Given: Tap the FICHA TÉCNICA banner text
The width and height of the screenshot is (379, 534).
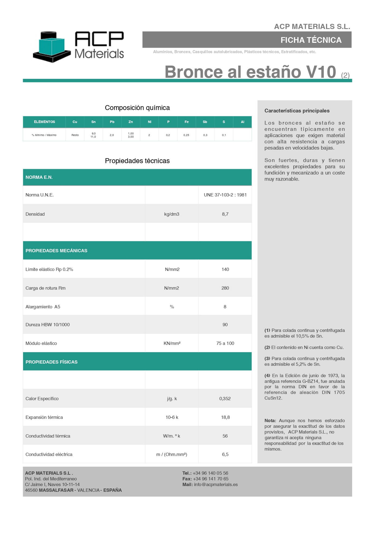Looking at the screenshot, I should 311,40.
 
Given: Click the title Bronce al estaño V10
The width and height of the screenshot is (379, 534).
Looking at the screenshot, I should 250,72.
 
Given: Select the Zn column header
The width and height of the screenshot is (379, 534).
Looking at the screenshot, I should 131,122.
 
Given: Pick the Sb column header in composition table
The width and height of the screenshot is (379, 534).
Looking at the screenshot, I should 205,122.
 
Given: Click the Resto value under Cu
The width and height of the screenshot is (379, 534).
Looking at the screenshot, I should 75,135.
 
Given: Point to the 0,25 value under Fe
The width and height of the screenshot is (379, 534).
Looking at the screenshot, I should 186,135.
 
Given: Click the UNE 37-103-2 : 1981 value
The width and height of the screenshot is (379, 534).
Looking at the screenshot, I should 225,195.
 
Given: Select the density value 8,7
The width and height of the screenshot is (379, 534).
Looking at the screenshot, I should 225,214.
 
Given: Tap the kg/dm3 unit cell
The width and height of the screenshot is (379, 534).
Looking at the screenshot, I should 172,214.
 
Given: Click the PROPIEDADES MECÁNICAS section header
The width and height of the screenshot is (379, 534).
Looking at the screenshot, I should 56,251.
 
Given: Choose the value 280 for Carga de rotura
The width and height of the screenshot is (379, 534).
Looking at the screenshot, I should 225,288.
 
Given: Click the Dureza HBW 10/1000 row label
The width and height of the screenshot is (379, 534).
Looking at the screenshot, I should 47,325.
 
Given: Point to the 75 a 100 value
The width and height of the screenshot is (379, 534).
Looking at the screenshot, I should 225,343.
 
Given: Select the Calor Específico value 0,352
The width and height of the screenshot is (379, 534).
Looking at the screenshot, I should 225,399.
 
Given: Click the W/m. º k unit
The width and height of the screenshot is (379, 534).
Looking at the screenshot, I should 172,436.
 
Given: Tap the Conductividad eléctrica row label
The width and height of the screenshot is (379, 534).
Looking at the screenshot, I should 49,455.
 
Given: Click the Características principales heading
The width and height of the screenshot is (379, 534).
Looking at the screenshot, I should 297,111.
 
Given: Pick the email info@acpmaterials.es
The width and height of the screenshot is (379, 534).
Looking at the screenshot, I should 216,485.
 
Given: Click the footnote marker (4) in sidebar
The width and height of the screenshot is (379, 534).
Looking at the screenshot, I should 267,376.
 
